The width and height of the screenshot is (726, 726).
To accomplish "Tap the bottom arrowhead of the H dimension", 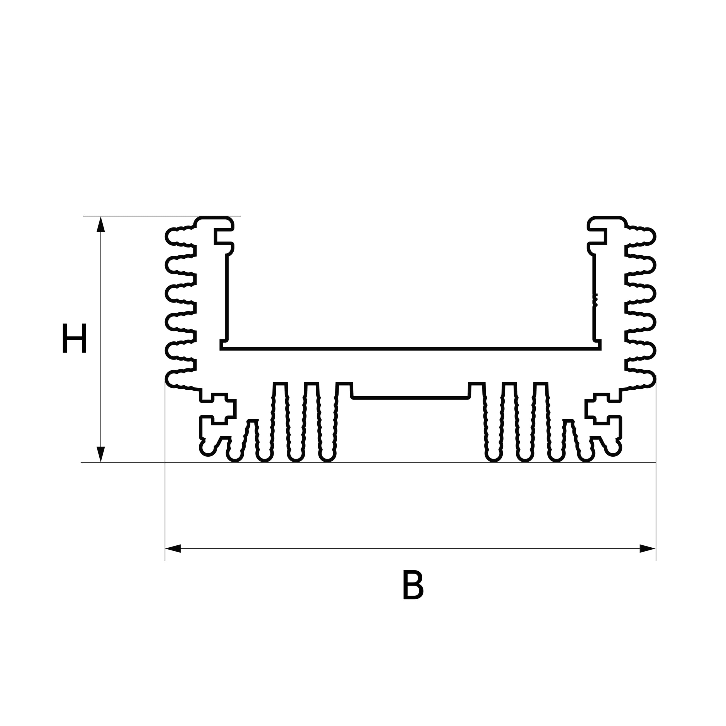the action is (101, 454).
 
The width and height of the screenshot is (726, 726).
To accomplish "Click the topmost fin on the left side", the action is (180, 237).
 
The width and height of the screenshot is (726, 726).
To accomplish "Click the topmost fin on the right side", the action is (641, 237).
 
